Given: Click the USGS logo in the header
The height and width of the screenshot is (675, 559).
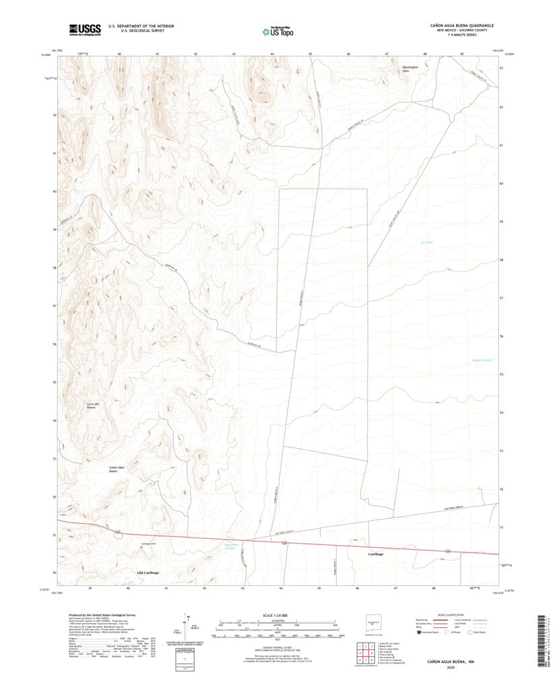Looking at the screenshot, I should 84,29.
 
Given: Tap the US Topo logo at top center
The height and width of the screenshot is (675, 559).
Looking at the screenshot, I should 277,30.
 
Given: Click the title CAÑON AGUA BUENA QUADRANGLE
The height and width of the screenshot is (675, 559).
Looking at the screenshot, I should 462,24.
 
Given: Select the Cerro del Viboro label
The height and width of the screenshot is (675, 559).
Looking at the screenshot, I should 93,406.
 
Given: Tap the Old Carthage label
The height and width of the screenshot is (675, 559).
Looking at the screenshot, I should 148,573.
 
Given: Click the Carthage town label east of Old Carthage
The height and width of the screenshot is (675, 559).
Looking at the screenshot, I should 376,554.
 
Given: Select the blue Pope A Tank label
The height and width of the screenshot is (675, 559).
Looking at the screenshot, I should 482,360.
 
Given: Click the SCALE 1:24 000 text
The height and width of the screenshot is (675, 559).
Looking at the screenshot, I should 276,615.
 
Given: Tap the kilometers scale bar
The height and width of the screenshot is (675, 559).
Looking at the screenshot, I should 276,622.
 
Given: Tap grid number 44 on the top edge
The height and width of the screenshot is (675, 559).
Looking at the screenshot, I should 272,53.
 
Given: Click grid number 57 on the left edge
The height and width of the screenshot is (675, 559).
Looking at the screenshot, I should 54,306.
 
